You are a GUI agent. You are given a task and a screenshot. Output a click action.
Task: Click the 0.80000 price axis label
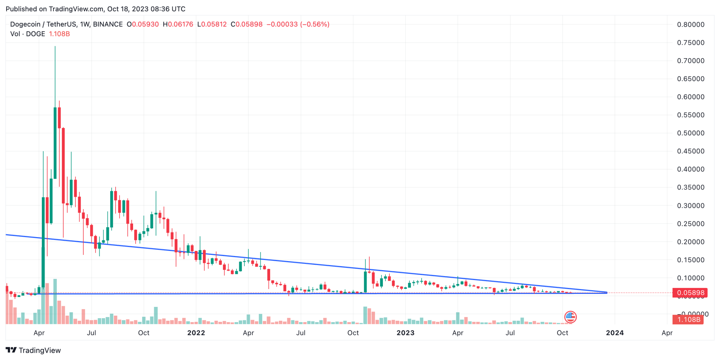tap(691, 25)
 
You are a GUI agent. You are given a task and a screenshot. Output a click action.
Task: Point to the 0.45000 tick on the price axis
tap(691, 151)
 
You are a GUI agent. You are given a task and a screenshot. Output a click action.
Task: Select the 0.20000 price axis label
tap(691, 242)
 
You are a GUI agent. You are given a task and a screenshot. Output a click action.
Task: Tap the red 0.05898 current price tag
tap(690, 293)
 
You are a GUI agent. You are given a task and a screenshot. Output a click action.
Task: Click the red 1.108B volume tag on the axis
tap(688, 320)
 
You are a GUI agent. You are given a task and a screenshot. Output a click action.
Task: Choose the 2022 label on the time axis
tap(196, 333)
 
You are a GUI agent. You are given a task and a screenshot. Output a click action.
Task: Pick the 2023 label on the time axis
tap(405, 333)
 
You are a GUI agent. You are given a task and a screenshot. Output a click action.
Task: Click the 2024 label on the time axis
tap(615, 333)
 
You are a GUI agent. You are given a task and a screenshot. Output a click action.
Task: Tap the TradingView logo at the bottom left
tap(33, 350)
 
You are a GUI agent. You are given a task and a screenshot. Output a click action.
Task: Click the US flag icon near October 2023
tap(570, 317)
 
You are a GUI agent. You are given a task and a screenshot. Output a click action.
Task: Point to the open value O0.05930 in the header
tap(143, 24)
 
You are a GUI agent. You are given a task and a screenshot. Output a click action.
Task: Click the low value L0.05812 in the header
tap(212, 24)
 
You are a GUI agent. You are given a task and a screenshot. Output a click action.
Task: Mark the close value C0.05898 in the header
tap(247, 24)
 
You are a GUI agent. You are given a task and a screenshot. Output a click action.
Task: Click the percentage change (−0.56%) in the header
tap(315, 24)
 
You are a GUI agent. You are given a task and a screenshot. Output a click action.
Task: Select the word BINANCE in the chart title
tap(108, 24)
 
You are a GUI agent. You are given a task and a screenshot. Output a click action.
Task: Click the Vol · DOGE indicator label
tap(28, 34)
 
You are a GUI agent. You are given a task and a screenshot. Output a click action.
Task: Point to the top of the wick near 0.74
tap(55, 47)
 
